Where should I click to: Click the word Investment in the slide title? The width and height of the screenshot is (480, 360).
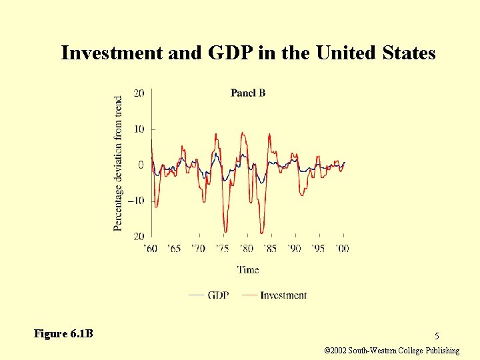coord(111,53)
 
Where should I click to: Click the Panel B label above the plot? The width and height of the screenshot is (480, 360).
coord(248,93)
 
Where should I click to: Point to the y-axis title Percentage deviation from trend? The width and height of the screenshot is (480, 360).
coord(119,163)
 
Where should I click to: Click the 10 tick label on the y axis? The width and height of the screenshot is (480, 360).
coord(139,129)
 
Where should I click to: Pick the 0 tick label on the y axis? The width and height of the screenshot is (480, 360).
coord(141,165)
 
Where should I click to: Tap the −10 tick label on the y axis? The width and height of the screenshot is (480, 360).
coord(136,201)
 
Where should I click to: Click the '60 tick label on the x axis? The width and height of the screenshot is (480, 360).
coord(151,248)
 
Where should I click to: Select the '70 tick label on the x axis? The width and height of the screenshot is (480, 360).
coord(199,248)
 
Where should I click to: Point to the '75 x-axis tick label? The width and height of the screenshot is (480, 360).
coord(223,248)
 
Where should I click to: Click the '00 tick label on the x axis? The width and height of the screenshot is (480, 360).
coord(341,248)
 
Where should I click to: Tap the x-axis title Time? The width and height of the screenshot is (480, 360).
coord(248,269)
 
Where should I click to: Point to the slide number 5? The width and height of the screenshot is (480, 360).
coord(437,336)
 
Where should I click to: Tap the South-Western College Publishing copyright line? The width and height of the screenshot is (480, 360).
coord(391,351)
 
